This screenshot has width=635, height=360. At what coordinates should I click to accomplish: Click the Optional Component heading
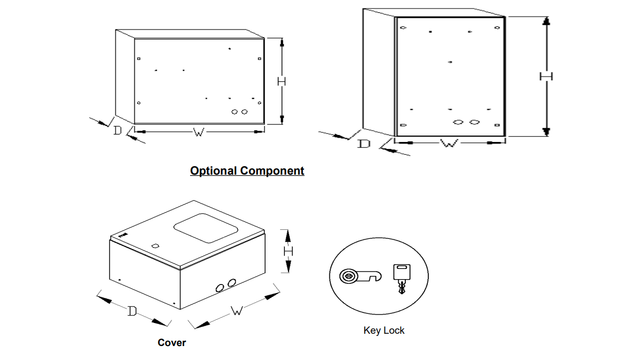pos(247,171)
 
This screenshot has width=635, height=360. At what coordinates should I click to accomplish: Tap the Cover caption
pos(172,342)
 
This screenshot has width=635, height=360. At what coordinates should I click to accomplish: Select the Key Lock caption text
pos(384,331)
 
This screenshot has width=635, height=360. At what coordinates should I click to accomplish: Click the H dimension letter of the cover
pos(288,250)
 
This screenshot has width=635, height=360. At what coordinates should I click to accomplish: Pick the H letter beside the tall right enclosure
pos(546,77)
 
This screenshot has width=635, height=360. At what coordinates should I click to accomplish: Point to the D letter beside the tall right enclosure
pos(364,144)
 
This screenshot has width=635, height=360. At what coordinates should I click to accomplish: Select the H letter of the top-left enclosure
pos(282,81)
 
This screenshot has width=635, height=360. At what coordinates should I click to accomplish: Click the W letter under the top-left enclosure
pos(198,131)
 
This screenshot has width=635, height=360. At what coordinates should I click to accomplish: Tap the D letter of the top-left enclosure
pos(117,130)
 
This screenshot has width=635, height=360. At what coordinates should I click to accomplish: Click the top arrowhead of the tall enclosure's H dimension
pos(546,21)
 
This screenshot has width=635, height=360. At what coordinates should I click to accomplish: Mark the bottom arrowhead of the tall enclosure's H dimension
pos(546,132)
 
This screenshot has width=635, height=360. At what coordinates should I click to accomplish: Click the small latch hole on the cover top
pos(155,246)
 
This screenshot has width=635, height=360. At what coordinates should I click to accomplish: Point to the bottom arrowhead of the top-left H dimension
pos(282,119)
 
